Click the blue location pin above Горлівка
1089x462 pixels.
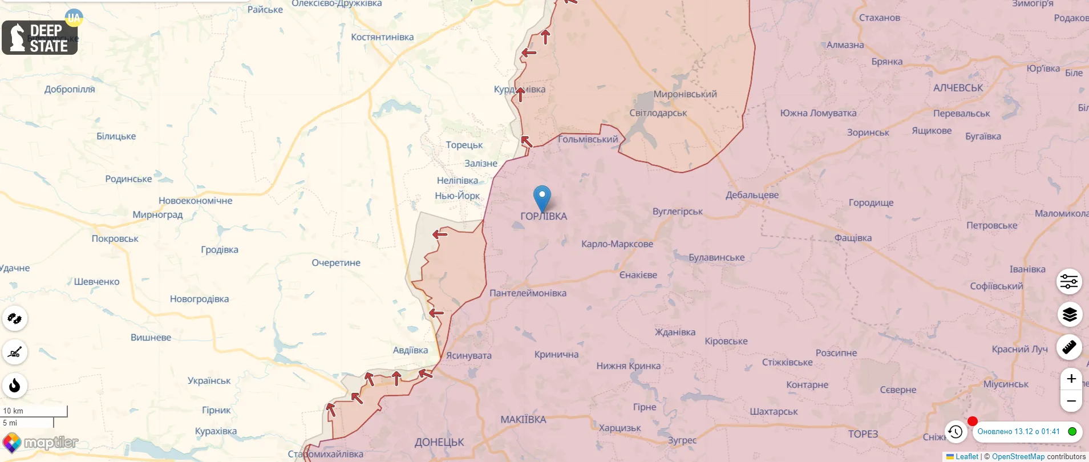(x=542, y=197)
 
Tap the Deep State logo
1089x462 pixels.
(x=40, y=38)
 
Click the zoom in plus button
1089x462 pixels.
(x=1071, y=379)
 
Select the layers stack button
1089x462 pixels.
(x=1069, y=314)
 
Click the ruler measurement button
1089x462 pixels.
(x=1069, y=347)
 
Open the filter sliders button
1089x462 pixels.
(x=1069, y=281)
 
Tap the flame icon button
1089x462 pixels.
(x=15, y=386)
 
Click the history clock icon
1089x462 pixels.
(x=956, y=432)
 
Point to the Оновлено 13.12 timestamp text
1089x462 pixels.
(x=1018, y=432)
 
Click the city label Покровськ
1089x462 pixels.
(x=115, y=238)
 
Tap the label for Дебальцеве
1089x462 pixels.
(x=752, y=195)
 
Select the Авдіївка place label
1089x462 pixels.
(x=410, y=350)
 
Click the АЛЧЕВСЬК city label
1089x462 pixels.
(x=958, y=88)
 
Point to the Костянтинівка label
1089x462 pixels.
(x=382, y=37)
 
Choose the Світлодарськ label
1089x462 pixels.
(x=658, y=113)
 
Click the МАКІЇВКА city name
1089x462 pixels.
(x=523, y=419)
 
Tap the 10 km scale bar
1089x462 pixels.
(x=34, y=411)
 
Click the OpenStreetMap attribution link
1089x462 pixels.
(x=1018, y=457)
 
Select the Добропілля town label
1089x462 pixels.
(x=70, y=89)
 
